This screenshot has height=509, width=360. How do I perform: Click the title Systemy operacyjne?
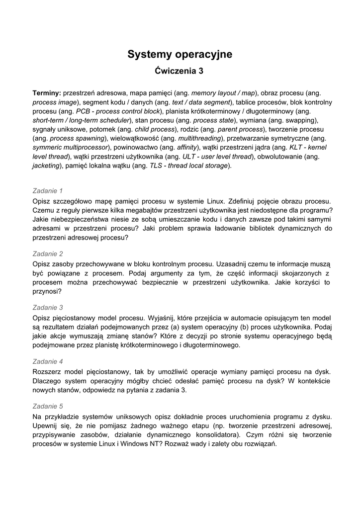coord(180,54)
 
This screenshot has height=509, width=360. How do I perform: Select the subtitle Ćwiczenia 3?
coord(180,71)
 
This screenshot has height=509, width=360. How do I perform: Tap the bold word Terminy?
coord(46,93)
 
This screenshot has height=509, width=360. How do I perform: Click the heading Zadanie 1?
coord(48,190)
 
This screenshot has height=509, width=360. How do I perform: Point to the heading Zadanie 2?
coord(48,254)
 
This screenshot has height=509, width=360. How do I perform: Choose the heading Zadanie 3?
coord(48,307)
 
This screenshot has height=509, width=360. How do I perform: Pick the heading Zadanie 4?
coord(48,361)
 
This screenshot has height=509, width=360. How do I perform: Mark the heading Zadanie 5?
coord(48,406)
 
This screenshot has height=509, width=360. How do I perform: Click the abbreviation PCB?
coord(83,111)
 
